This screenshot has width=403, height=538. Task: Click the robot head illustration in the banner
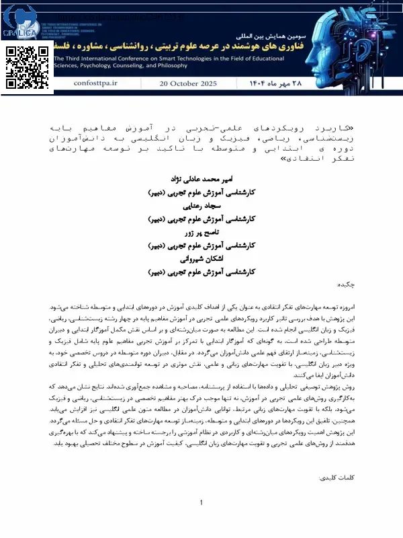pos(366,40)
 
